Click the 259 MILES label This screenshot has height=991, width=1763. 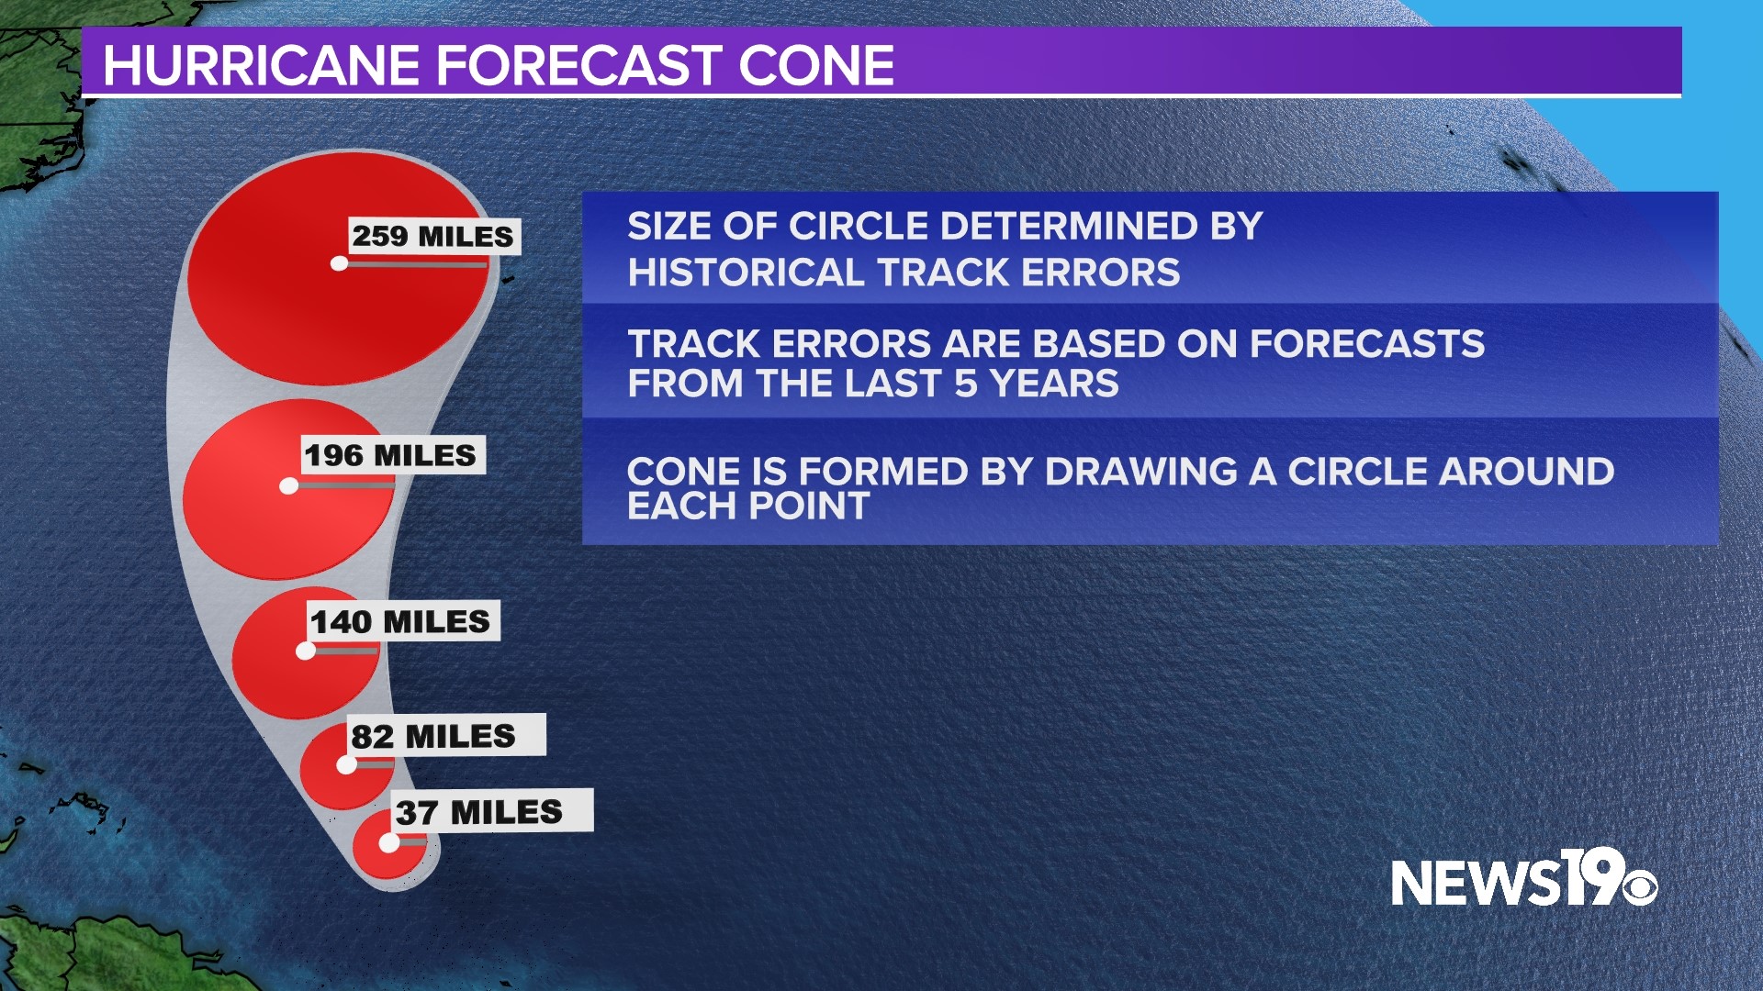click(x=433, y=237)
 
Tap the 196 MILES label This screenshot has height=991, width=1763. click(x=391, y=455)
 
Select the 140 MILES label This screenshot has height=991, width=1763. click(x=401, y=621)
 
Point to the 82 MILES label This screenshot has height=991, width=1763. click(x=434, y=736)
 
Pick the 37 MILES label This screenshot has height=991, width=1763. click(x=480, y=812)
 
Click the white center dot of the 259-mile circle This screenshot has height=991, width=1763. click(x=339, y=263)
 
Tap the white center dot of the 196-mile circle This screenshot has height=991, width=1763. click(x=289, y=485)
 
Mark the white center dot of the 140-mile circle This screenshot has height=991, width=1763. click(x=306, y=651)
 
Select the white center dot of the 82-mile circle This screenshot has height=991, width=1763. click(x=346, y=764)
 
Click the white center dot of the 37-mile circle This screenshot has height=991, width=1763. click(x=389, y=842)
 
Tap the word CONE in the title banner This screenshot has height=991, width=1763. click(x=815, y=66)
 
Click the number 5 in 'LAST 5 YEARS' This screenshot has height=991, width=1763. click(x=965, y=384)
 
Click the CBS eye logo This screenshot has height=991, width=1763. click(x=1639, y=888)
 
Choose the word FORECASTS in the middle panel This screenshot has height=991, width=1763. click(x=1366, y=344)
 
